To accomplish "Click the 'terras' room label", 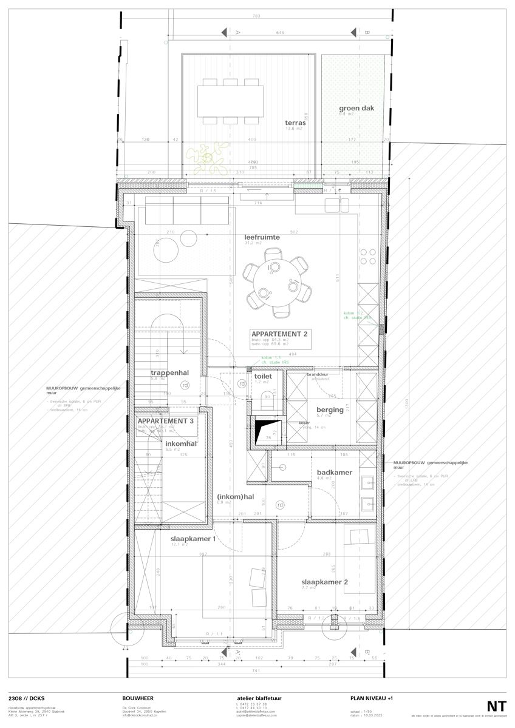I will coord(295,122).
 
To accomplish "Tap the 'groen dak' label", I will coord(352,109).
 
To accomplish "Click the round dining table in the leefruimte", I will coord(277,283).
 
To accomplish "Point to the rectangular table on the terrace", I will coord(230,100).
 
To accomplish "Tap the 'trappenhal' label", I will coord(167,373).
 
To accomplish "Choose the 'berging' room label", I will coord(329,409).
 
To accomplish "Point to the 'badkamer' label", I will coord(334,472).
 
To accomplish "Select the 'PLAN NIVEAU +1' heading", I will coord(372,698).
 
